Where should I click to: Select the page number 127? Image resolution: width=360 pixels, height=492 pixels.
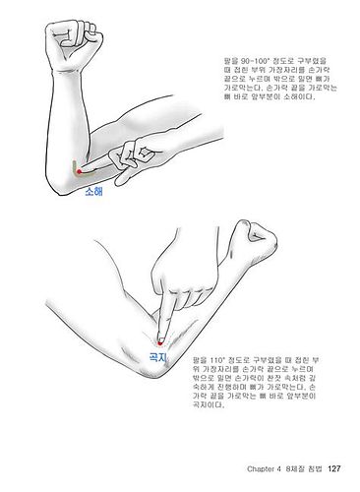334,466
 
